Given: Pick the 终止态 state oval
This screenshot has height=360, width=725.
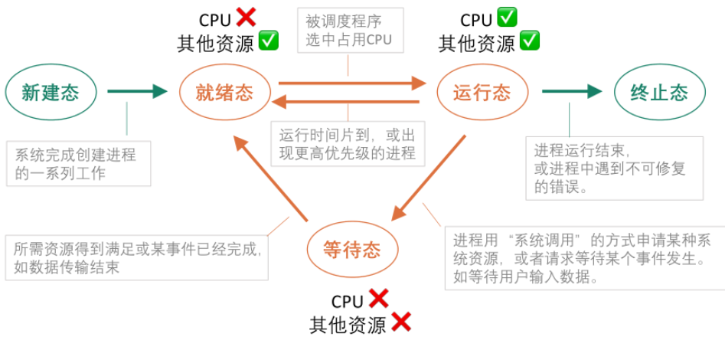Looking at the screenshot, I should pos(659,93).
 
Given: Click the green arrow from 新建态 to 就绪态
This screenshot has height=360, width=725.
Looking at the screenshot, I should pos(136,92).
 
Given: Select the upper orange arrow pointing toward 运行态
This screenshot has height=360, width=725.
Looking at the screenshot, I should pos(351,82).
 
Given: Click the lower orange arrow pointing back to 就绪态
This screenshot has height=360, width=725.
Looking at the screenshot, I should pos(347,101).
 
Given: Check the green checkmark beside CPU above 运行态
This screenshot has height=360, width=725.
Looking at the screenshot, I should pos(507,17).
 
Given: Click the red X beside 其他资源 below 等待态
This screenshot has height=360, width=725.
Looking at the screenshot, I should pos(401,322).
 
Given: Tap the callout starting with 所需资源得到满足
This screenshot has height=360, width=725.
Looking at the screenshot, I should pos(137,257).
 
